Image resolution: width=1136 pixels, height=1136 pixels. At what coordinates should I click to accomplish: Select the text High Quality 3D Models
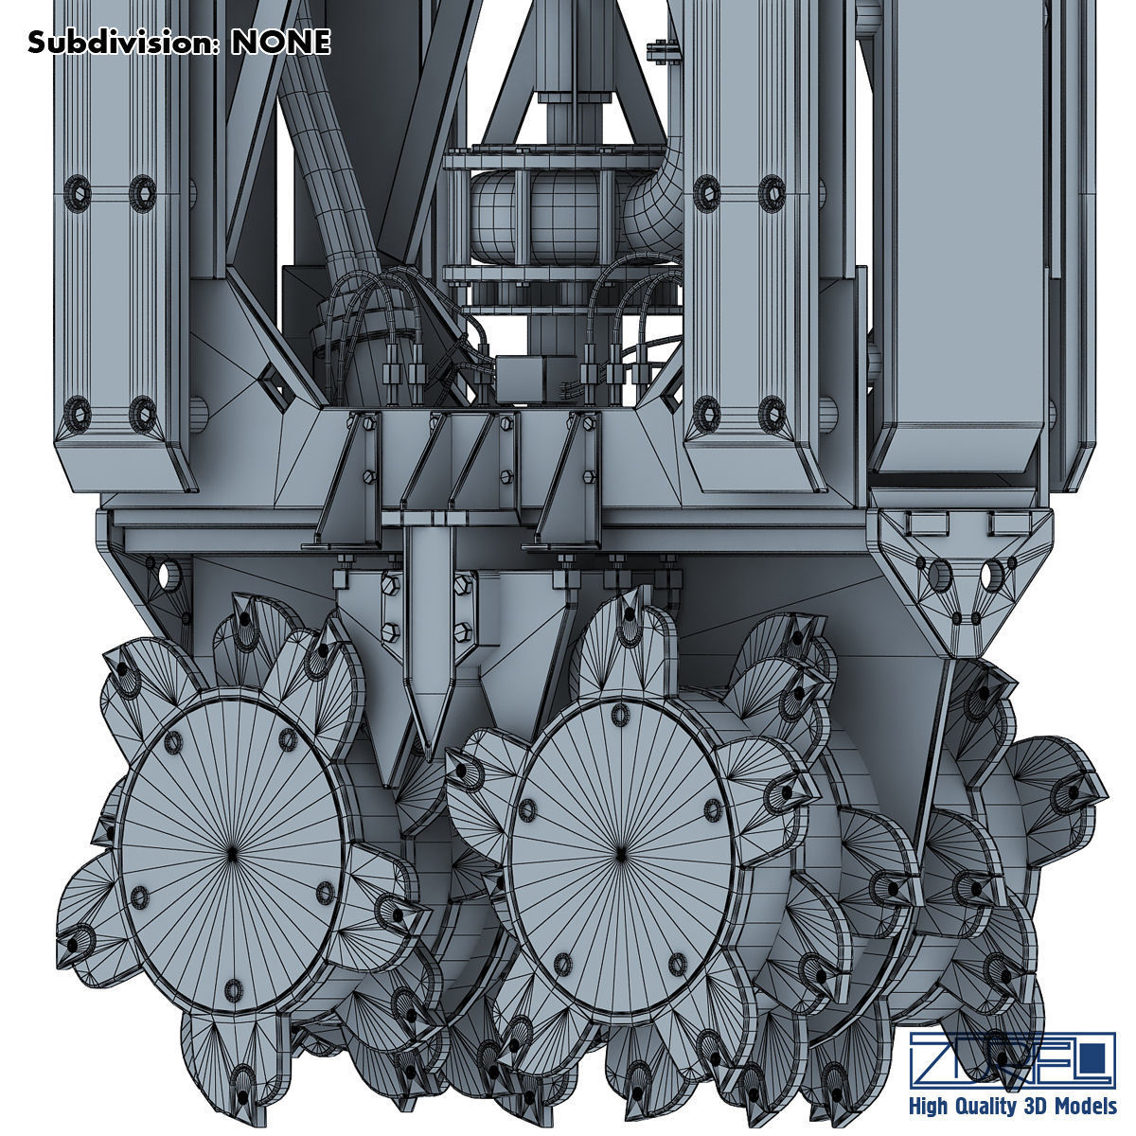pos(1012,1107)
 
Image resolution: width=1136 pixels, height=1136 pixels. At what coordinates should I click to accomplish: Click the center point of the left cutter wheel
pos(234,852)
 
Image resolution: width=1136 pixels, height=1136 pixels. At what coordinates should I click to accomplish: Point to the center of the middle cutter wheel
pos(620,851)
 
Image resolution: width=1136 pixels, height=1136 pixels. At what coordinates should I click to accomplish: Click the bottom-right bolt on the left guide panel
pos(142,409)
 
